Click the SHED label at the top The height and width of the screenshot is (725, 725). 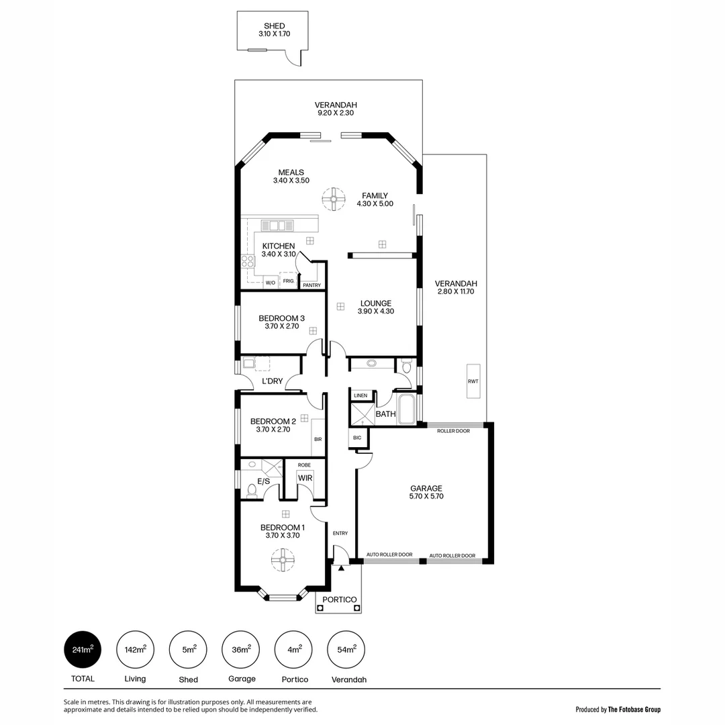coord(274,26)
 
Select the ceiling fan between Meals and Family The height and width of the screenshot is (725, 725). coord(332,198)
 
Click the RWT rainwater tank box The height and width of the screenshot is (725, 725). coord(473,381)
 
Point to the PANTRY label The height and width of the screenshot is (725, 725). coord(312,285)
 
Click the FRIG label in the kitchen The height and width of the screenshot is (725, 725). coord(287,281)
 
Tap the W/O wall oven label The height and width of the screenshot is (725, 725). coord(271,283)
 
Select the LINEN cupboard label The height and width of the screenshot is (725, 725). coord(360,395)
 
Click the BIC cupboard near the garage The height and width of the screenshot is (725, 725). coord(357,438)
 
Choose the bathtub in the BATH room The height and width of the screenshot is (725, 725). coord(407,409)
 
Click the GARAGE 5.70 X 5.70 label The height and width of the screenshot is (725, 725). coord(426,492)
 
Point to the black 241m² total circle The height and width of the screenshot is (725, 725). coord(83,650)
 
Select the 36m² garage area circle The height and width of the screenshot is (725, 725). coord(241,650)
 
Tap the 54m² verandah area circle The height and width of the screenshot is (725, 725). coord(346,650)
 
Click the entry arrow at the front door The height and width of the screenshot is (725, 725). coord(341,568)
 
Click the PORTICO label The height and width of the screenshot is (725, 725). coord(339,599)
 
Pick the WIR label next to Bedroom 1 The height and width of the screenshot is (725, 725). coord(305,478)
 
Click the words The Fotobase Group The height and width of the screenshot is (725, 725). coord(634,709)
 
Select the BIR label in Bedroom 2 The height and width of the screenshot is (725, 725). coord(318,439)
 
